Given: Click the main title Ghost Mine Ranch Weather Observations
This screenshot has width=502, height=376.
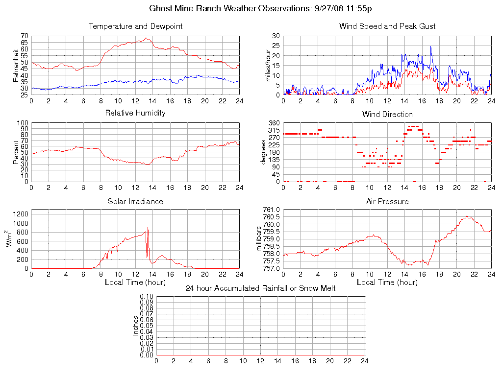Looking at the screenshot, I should pyautogui.click(x=261, y=8).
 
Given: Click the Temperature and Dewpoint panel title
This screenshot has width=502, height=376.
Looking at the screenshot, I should pyautogui.click(x=135, y=26).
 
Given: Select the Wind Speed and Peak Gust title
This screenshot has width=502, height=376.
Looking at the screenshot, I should pyautogui.click(x=387, y=26).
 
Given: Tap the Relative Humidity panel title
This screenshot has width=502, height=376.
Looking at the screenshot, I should pyautogui.click(x=135, y=113).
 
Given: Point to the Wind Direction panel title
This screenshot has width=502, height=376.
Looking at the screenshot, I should pyautogui.click(x=387, y=115).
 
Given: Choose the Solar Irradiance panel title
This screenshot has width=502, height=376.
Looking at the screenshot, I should pyautogui.click(x=135, y=201).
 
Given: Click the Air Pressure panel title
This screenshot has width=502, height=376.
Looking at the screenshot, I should pyautogui.click(x=387, y=201).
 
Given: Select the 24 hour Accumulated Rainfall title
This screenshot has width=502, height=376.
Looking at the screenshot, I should pyautogui.click(x=261, y=288).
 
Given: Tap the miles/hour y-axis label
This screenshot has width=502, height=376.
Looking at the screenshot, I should pyautogui.click(x=268, y=65).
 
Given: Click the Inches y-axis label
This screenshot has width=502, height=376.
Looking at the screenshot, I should pyautogui.click(x=136, y=326).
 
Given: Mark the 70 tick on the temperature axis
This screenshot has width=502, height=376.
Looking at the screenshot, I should pyautogui.click(x=24, y=36).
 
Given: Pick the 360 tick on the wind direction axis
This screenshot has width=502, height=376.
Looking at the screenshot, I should pyautogui.click(x=274, y=123).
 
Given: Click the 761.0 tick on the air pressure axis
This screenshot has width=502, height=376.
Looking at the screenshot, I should pyautogui.click(x=271, y=210).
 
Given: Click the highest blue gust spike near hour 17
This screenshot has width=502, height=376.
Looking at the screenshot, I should pyautogui.click(x=430, y=47).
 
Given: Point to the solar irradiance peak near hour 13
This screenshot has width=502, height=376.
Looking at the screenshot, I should pyautogui.click(x=148, y=228).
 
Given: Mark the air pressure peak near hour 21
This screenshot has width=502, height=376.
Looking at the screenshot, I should pyautogui.click(x=467, y=216).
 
